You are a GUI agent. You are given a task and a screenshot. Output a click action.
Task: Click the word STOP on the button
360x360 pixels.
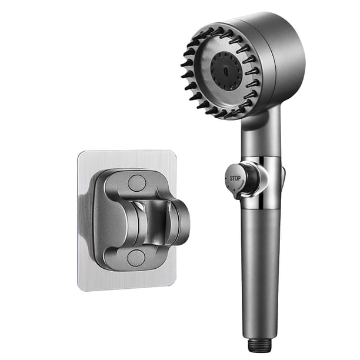(x=235, y=178)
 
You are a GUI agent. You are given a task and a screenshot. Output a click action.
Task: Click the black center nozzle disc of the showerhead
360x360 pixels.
(x=225, y=70)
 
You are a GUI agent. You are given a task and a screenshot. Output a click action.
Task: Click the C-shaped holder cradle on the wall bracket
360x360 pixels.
(x=158, y=221)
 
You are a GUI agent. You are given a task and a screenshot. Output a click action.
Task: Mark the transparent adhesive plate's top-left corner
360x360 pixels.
(x=79, y=152)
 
